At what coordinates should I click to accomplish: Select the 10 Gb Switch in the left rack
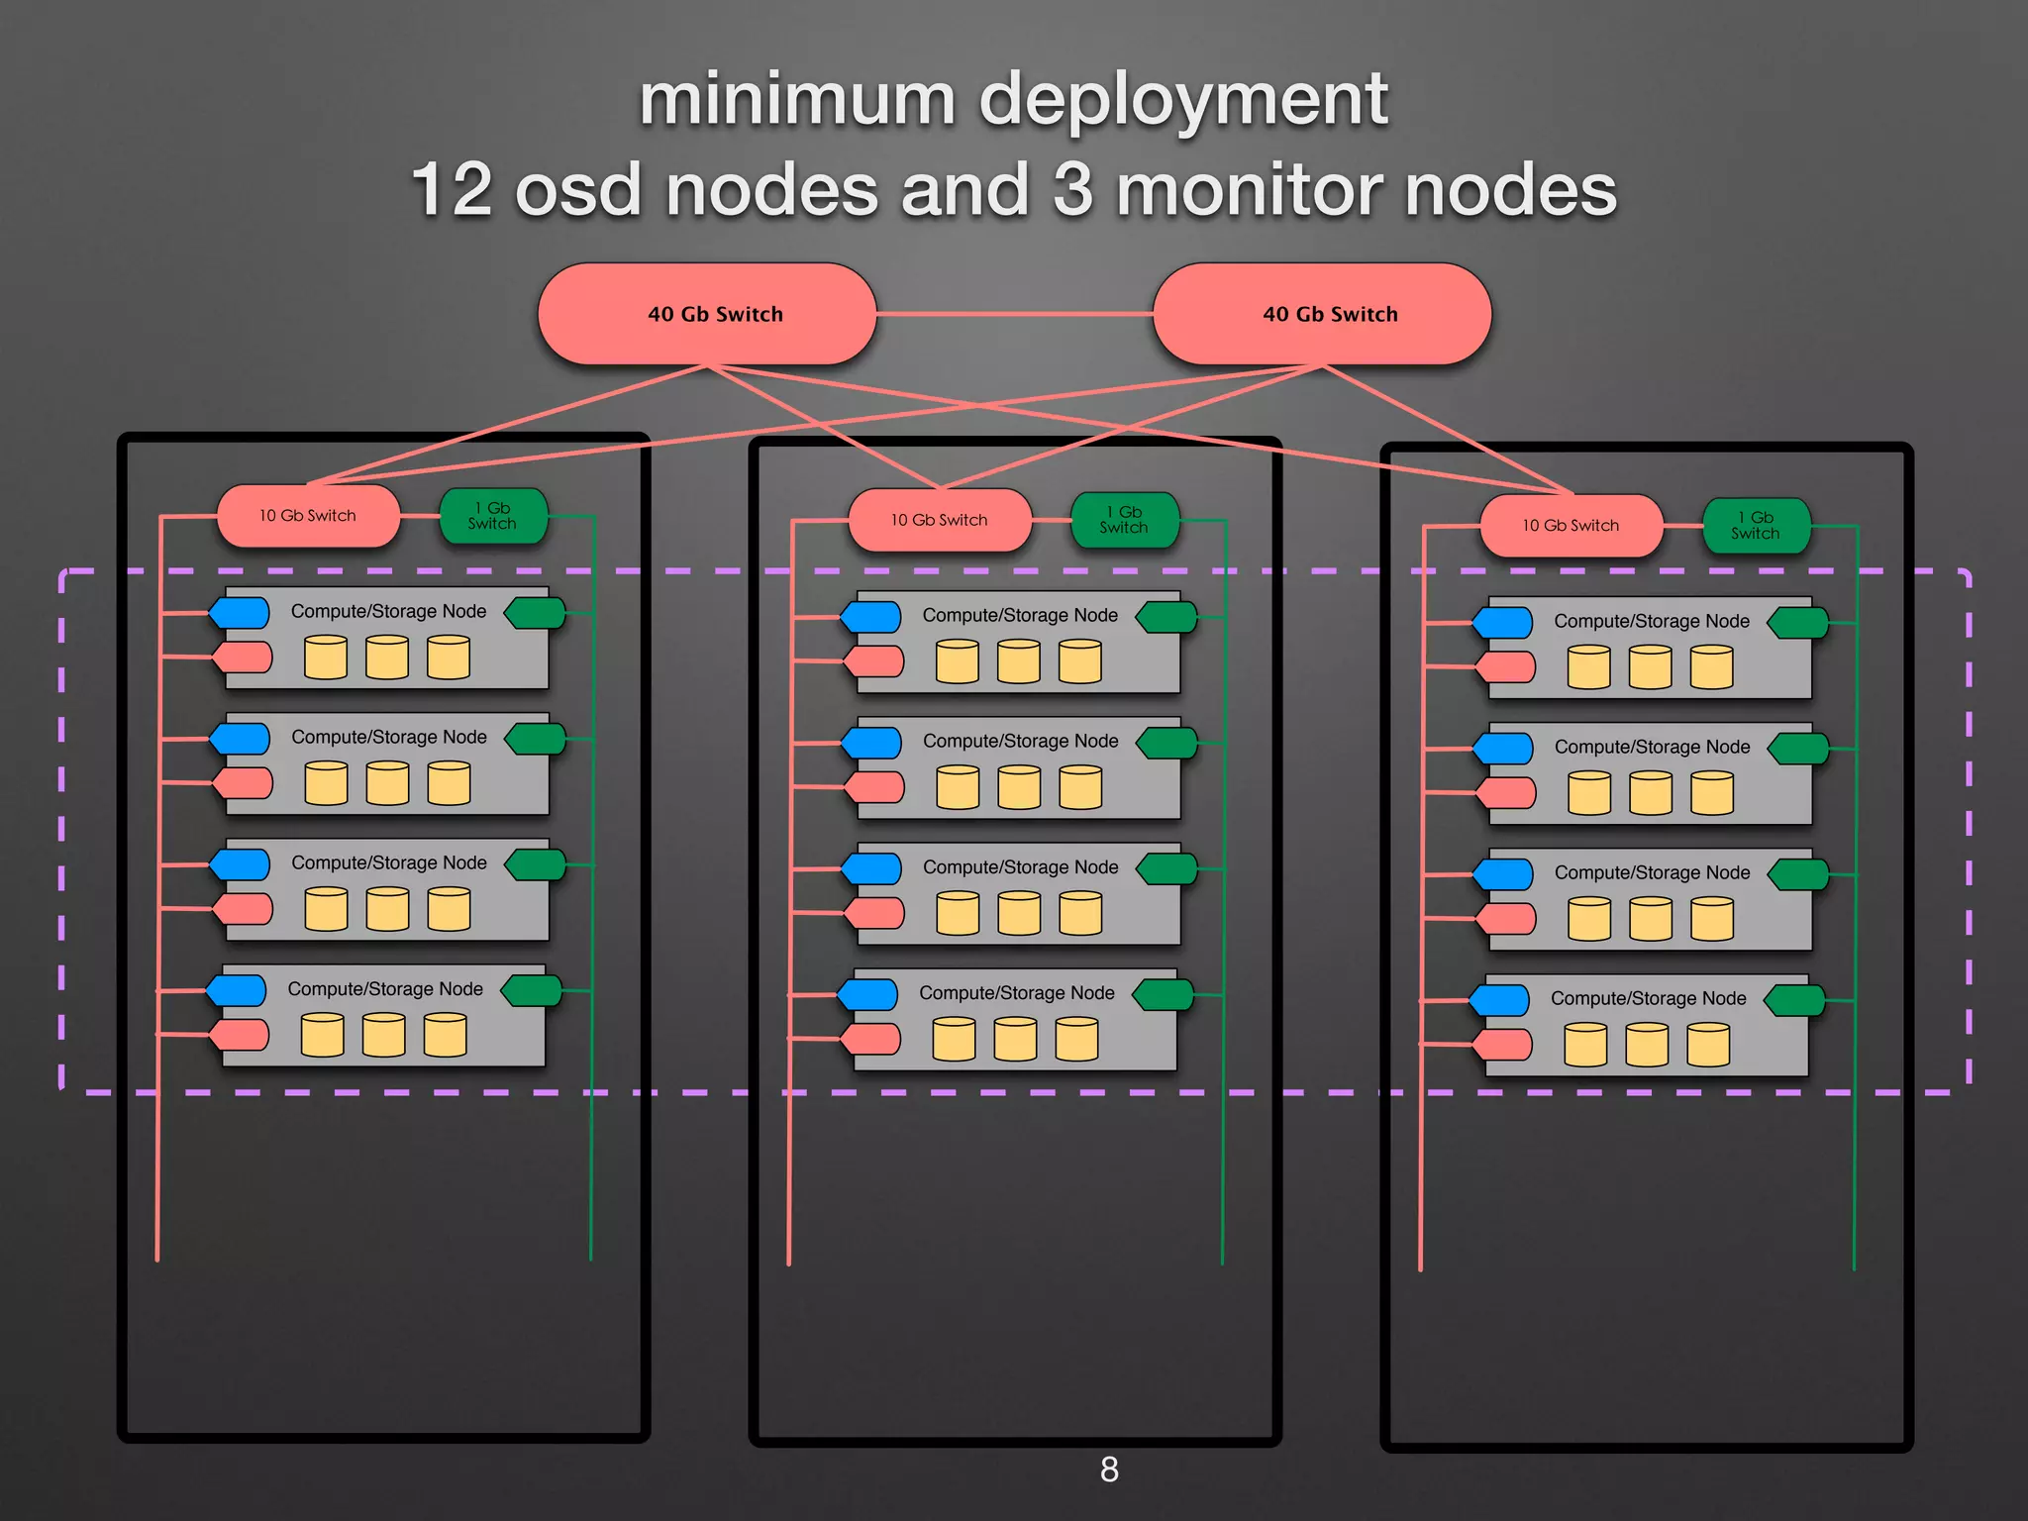click(308, 516)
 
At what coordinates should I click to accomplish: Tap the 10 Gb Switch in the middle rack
click(939, 520)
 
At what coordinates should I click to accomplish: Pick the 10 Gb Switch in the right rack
click(1571, 526)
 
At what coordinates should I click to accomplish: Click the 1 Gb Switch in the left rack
click(493, 516)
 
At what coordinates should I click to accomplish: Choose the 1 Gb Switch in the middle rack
click(1124, 520)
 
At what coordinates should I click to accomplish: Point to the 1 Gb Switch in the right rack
click(1756, 526)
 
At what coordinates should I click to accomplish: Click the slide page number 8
click(1109, 1470)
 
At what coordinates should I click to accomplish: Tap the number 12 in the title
click(451, 189)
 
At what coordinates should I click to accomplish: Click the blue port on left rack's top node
click(241, 613)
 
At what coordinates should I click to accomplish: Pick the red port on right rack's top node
click(1506, 667)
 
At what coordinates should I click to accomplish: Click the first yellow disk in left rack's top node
click(326, 658)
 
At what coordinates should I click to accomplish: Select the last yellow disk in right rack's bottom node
click(1708, 1045)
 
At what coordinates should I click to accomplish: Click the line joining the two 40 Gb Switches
click(1015, 314)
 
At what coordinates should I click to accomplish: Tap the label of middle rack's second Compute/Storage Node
click(1020, 741)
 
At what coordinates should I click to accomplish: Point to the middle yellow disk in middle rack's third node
click(1019, 913)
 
